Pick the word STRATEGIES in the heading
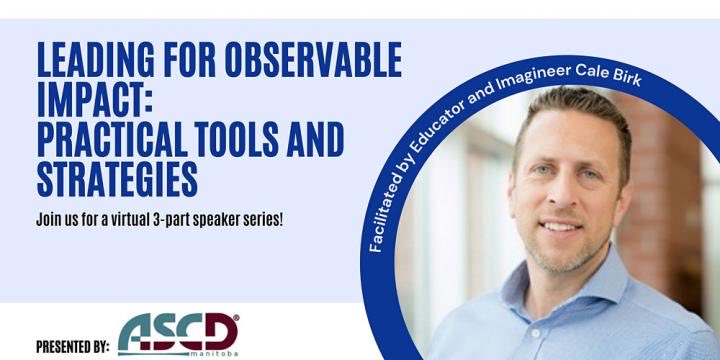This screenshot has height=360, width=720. click(x=117, y=179)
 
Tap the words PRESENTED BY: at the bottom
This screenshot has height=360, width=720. click(x=72, y=347)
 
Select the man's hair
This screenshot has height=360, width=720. click(x=570, y=110)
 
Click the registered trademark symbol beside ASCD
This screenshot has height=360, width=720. click(x=235, y=319)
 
